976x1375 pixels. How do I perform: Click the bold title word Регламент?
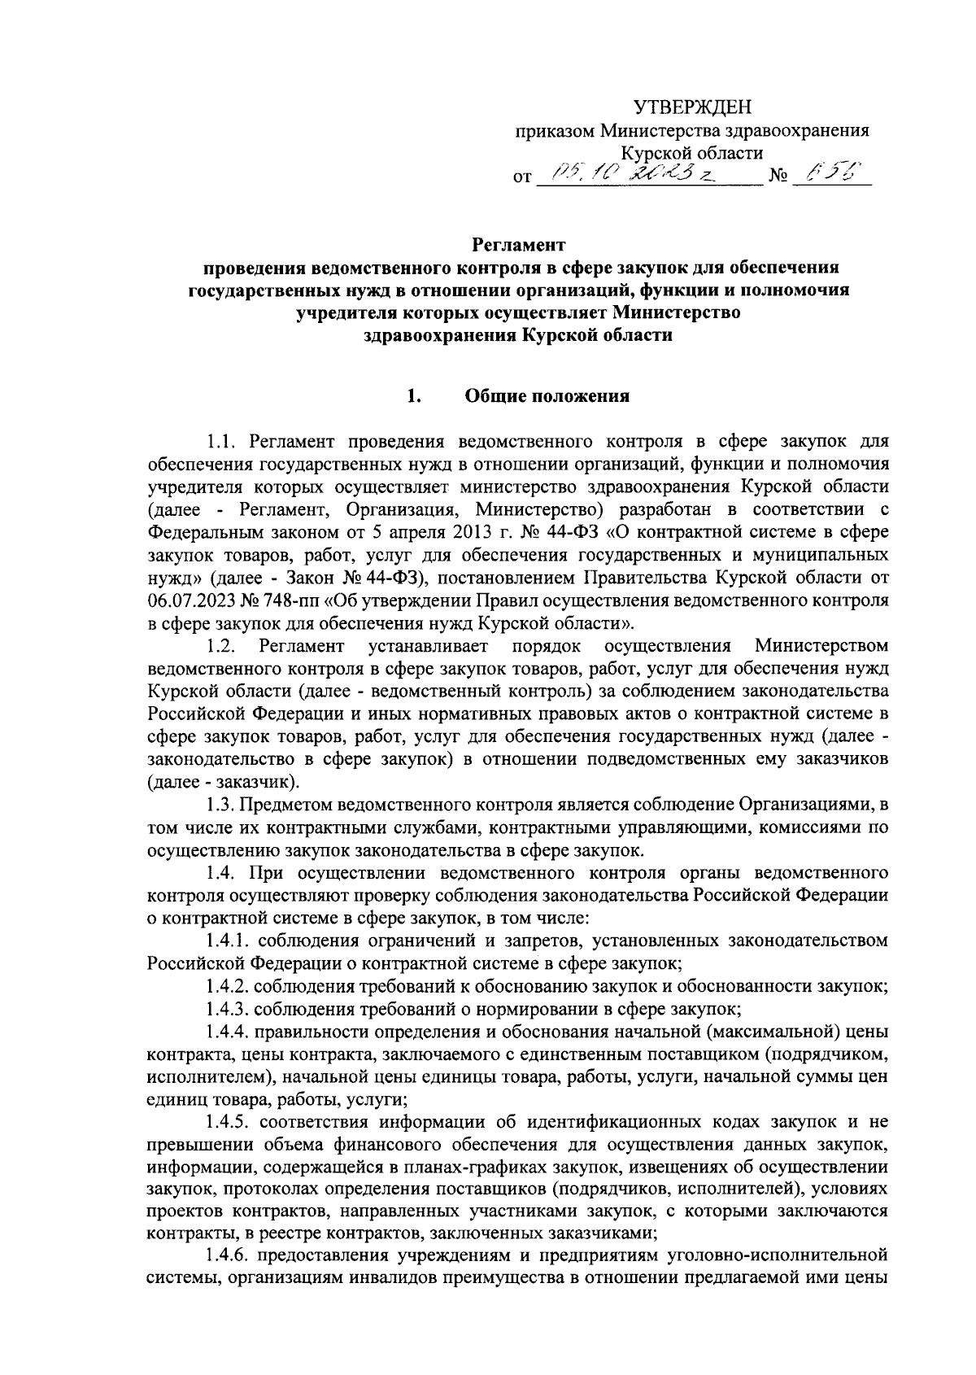point(519,244)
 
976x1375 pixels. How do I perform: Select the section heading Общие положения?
point(547,396)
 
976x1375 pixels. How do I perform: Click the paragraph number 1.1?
point(221,442)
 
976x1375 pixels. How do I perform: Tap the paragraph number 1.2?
point(221,646)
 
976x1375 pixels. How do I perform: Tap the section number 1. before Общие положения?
point(413,396)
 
